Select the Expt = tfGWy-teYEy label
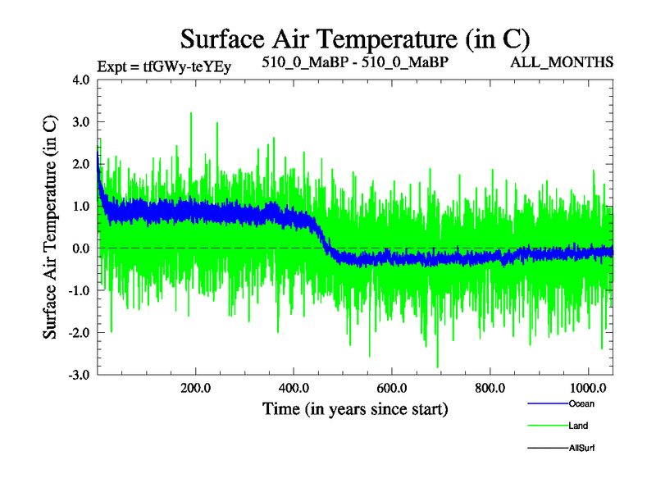[164, 66]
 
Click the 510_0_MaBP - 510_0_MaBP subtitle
[354, 61]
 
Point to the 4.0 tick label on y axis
[82, 80]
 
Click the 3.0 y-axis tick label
[82, 122]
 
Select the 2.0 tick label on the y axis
[82, 164]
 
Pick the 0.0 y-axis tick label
[82, 248]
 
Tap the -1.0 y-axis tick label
[80, 290]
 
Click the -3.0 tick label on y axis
[80, 375]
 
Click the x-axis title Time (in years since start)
[354, 408]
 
